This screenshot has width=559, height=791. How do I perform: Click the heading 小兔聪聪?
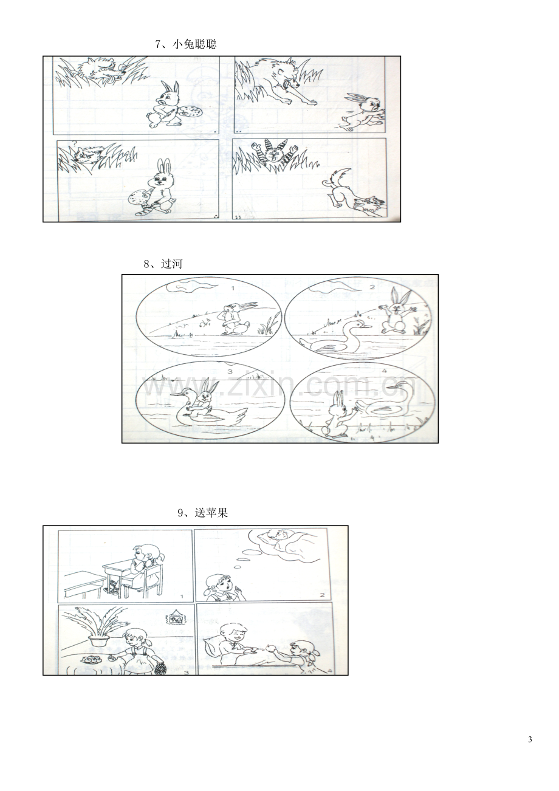point(194,44)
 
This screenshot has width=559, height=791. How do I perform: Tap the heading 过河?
point(172,264)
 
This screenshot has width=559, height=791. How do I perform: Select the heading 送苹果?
point(211,513)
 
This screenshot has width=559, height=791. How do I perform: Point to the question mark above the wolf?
point(75,143)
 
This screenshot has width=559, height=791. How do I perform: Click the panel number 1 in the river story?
point(233,288)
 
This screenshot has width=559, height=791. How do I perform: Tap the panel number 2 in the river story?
point(372,287)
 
